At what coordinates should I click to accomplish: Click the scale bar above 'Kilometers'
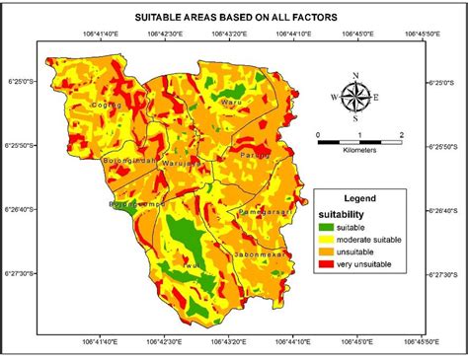[x=359, y=142]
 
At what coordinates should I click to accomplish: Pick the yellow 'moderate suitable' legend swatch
[x=329, y=238]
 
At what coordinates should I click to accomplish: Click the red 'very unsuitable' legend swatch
[x=329, y=262]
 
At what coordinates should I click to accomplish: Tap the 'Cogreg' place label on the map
[x=105, y=104]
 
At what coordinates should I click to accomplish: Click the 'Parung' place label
[x=254, y=154]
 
